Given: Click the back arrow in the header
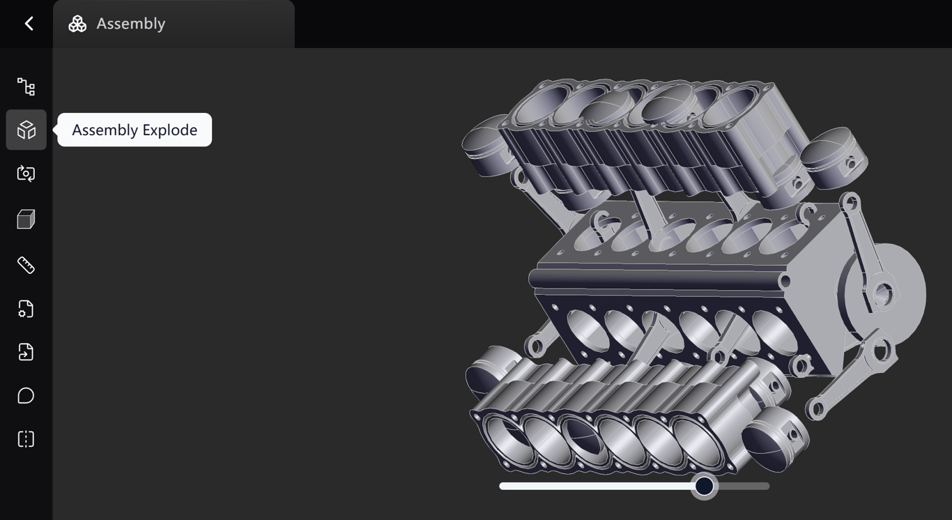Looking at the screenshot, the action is click(x=29, y=24).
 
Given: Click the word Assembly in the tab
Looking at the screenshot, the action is click(x=131, y=24).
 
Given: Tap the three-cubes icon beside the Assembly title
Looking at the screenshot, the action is click(x=77, y=24).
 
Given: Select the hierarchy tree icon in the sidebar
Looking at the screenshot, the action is click(x=26, y=86).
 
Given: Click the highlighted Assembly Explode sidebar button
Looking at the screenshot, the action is click(x=26, y=130).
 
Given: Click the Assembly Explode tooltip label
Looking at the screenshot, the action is click(x=135, y=130).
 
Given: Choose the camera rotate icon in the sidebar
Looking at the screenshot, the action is click(x=26, y=174).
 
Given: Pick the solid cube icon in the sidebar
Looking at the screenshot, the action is click(x=26, y=219).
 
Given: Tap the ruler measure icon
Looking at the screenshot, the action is click(x=26, y=265).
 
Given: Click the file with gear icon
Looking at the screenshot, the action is click(x=26, y=309).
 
